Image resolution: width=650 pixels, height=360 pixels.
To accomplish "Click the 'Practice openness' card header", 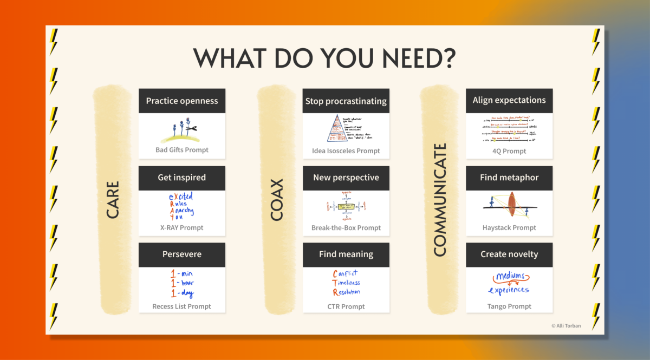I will click(182, 101).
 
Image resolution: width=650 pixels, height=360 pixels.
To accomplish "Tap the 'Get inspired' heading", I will click(182, 178).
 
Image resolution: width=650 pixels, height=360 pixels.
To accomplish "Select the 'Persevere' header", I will click(182, 254).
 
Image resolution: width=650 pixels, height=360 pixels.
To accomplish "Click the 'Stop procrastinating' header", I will click(346, 101).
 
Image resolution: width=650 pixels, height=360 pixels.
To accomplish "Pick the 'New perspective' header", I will click(346, 178).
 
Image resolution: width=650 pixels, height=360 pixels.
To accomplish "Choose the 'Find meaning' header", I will click(346, 254).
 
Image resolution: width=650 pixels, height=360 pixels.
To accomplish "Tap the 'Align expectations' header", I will click(509, 100).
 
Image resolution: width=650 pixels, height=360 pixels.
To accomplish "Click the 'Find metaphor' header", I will click(509, 178).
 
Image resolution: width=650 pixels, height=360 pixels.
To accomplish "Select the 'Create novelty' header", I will click(509, 254).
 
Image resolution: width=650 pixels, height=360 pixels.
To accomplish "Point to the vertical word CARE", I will click(113, 200).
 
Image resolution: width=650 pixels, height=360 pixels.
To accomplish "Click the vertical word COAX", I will click(277, 200).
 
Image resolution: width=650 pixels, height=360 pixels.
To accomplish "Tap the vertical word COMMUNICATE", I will click(440, 200).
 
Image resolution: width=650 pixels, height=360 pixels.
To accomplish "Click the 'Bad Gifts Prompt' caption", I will click(182, 150).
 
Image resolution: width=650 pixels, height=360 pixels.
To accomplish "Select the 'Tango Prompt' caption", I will click(509, 306).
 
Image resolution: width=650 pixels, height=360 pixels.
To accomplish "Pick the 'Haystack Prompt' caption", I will click(509, 228).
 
